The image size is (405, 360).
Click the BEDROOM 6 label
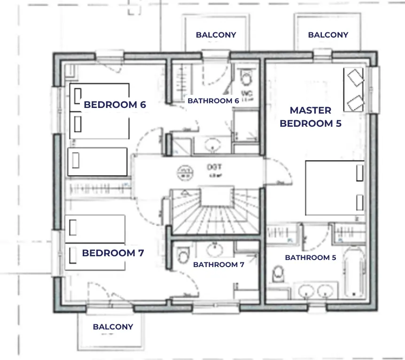click(115, 105)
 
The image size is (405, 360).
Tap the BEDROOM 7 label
click(113, 253)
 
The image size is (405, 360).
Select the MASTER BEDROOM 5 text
click(310, 117)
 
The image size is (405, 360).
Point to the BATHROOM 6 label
click(213, 100)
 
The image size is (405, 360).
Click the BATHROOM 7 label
click(218, 265)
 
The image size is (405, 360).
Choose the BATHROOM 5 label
click(310, 258)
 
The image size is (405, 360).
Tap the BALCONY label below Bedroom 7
click(113, 327)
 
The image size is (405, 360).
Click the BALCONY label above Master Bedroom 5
click(328, 35)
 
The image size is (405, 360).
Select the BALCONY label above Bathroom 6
click(216, 35)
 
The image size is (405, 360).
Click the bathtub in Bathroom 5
click(354, 274)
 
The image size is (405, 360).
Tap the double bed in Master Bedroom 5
click(335, 188)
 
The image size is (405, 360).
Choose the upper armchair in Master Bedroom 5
click(354, 76)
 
